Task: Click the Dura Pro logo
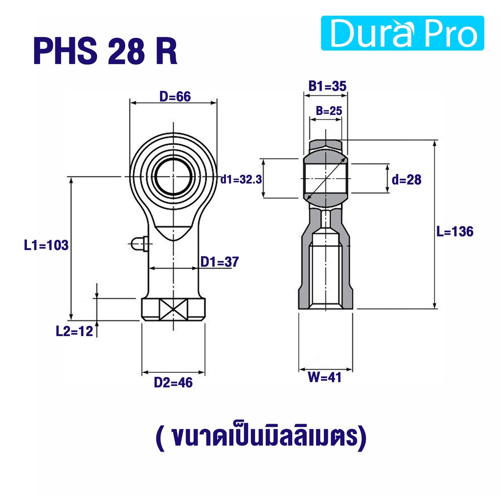pyautogui.click(x=402, y=33)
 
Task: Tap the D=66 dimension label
pyautogui.click(x=175, y=96)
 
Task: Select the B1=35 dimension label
pyautogui.click(x=327, y=86)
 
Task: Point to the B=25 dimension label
pyautogui.click(x=329, y=111)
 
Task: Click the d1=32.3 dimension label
pyautogui.click(x=241, y=180)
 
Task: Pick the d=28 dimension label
pyautogui.click(x=407, y=180)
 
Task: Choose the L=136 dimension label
pyautogui.click(x=455, y=231)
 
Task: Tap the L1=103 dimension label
pyautogui.click(x=46, y=246)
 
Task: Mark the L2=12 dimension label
pyautogui.click(x=74, y=331)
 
